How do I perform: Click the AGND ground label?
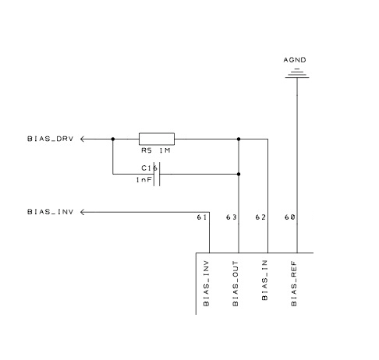[295, 60]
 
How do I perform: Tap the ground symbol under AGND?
[297, 73]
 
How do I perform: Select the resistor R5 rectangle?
[157, 139]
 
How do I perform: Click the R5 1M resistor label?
[156, 150]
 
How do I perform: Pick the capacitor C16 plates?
[157, 174]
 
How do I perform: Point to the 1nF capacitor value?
[143, 180]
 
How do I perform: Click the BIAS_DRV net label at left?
[51, 139]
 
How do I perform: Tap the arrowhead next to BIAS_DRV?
[83, 139]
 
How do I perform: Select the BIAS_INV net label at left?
[51, 212]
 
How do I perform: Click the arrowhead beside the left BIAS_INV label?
[83, 212]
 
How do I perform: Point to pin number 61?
[202, 217]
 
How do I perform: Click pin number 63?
[231, 217]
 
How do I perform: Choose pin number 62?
[260, 217]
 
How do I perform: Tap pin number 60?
[289, 217]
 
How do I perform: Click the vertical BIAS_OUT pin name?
[236, 284]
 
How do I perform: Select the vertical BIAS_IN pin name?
[264, 281]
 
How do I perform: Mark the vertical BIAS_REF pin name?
[294, 284]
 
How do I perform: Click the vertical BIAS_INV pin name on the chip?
[206, 284]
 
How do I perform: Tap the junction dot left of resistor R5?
[113, 139]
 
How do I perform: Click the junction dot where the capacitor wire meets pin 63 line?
[239, 174]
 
